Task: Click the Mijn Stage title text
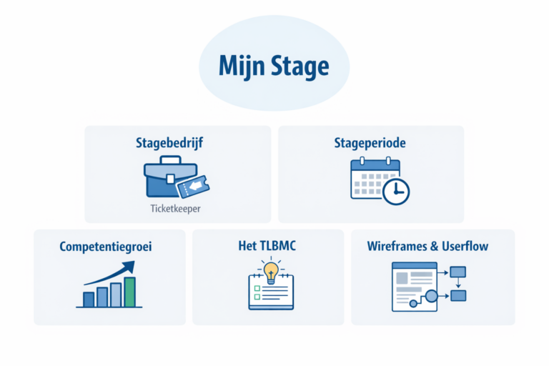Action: click(274, 67)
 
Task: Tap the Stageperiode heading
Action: click(370, 143)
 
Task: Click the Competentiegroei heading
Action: click(105, 247)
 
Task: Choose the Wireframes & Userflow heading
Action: click(427, 247)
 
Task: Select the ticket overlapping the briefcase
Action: click(197, 187)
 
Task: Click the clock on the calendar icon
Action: click(395, 191)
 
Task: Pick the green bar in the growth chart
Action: click(129, 292)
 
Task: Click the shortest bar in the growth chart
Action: click(89, 299)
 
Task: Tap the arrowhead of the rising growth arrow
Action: click(129, 267)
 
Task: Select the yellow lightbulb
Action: click(271, 272)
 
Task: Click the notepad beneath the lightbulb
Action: click(271, 295)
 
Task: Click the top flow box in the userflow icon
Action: click(457, 271)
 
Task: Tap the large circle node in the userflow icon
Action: click(430, 297)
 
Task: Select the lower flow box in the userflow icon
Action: click(457, 295)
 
